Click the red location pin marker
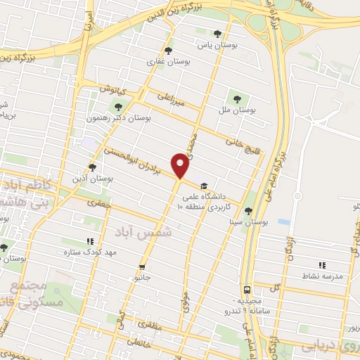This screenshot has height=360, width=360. pyautogui.click(x=181, y=165)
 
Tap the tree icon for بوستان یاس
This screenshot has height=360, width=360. pyautogui.click(x=217, y=33)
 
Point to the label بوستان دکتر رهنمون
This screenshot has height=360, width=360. pyautogui.click(x=118, y=117)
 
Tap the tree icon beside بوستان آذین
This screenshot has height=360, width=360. pyautogui.click(x=92, y=167)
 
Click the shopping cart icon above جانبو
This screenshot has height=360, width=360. pyautogui.click(x=143, y=266)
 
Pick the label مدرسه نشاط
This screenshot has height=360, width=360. pyautogui.click(x=323, y=276)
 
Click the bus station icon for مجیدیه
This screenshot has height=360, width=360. pyautogui.click(x=247, y=289)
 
